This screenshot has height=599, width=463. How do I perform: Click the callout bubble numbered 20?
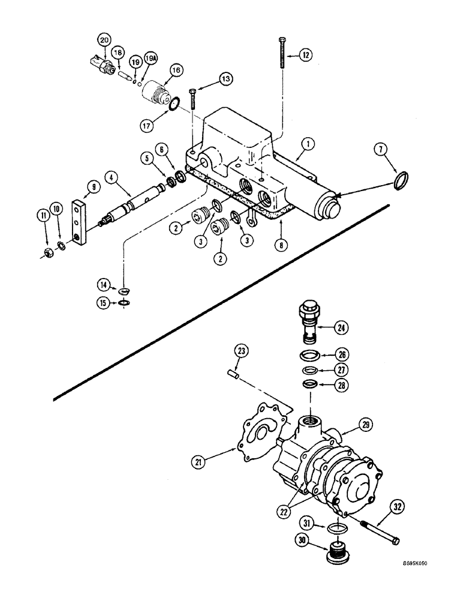point(104,40)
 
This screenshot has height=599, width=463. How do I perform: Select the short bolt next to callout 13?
point(192,98)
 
